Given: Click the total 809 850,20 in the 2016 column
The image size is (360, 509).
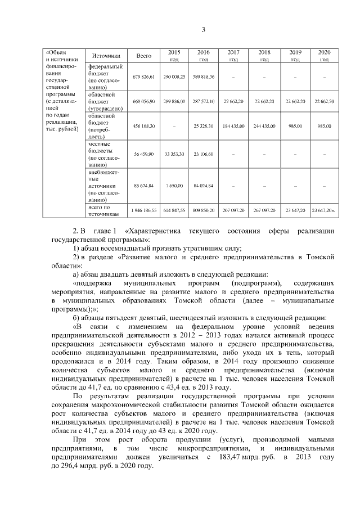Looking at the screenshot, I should pos(204,210).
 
